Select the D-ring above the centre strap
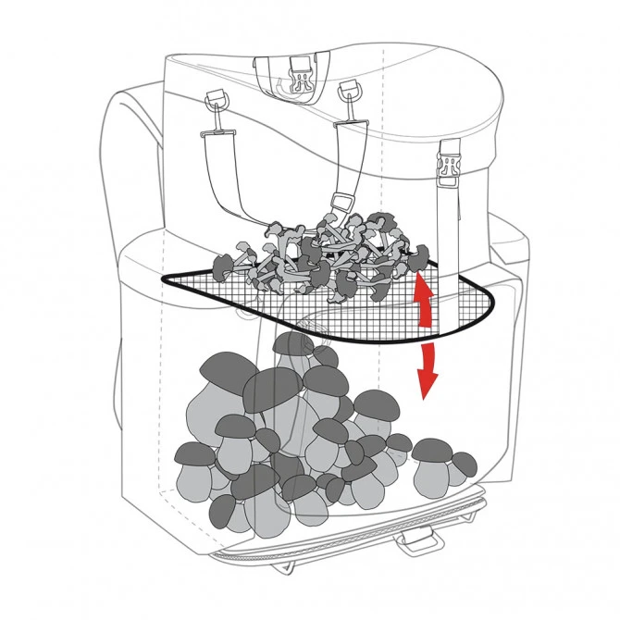coord(348,92)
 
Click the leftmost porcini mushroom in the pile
coord(194,463)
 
